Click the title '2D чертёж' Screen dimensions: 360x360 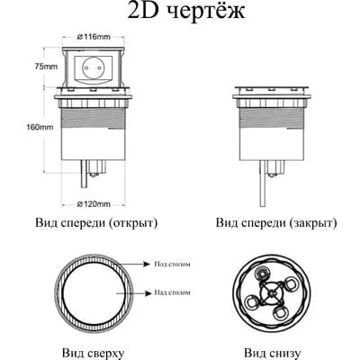180,13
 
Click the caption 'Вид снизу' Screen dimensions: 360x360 271,353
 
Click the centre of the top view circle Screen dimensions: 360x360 93,293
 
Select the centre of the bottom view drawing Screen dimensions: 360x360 271,293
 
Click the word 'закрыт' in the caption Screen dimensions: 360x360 311,223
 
